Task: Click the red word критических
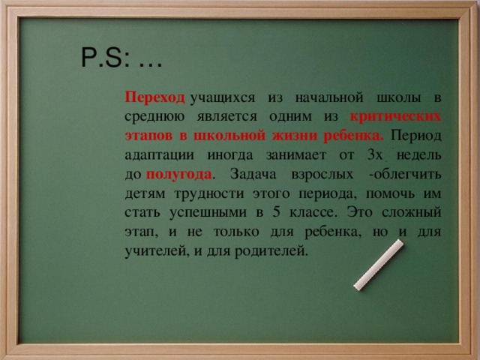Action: (x=395, y=117)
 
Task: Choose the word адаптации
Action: (x=160, y=156)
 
